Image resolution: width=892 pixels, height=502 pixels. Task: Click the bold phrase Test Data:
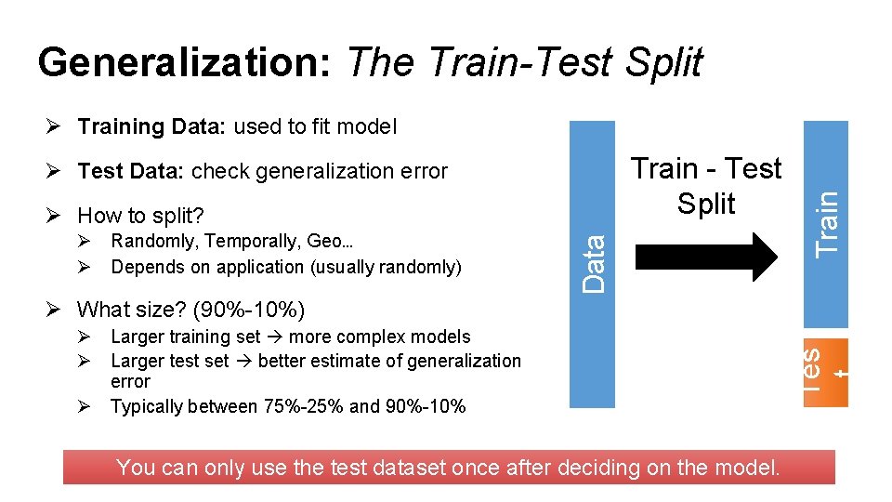(132, 171)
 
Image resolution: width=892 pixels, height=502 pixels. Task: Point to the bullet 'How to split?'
(140, 216)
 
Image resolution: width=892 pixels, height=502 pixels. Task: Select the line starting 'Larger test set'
(316, 361)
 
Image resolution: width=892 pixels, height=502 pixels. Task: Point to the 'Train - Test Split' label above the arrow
(706, 186)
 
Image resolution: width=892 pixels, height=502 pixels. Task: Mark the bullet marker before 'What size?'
(56, 309)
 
